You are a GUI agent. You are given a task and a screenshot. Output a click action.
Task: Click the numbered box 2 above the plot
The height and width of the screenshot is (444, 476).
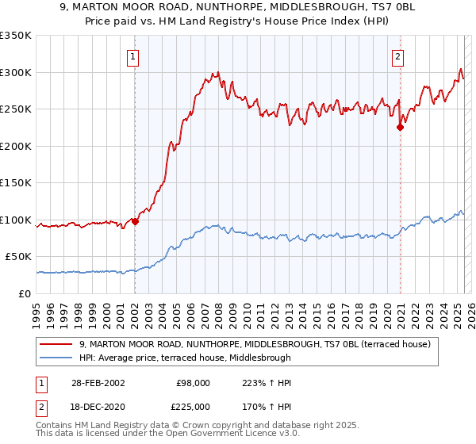pos(397,56)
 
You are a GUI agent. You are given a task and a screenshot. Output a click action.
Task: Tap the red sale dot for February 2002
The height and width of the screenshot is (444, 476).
pos(135,221)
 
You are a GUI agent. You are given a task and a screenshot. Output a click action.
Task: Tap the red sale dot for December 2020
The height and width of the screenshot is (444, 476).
pos(401,127)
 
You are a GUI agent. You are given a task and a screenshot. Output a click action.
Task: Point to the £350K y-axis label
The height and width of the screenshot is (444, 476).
pos(16,36)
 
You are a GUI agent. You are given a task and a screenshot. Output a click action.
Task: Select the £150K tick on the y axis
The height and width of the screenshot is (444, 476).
pos(16,183)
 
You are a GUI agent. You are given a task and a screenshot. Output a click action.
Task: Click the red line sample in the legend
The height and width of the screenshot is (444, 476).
pos(57,344)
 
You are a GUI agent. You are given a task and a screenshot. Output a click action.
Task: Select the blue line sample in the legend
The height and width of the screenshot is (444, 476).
pos(57,358)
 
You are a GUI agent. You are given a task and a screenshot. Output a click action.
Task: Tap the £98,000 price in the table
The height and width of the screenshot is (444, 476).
pos(194,383)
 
